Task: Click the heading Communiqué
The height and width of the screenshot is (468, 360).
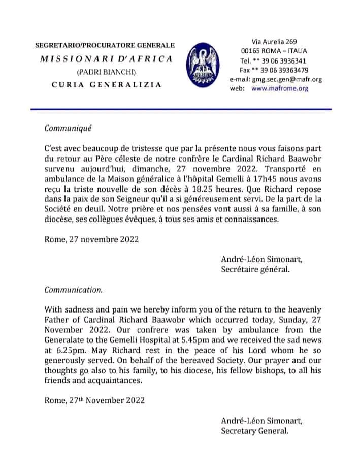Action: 68,129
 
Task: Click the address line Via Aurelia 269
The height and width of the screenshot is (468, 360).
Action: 274,41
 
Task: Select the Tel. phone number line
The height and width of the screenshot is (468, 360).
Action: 274,60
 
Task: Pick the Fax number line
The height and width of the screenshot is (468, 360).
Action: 274,70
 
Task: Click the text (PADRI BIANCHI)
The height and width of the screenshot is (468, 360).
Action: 107,72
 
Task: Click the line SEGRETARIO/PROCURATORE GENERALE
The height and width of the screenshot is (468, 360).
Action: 105,45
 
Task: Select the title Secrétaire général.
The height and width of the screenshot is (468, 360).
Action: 255,270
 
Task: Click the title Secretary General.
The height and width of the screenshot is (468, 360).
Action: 255,431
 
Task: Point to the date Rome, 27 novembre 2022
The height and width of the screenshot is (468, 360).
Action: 91,239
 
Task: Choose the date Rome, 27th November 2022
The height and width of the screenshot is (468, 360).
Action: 94,401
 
